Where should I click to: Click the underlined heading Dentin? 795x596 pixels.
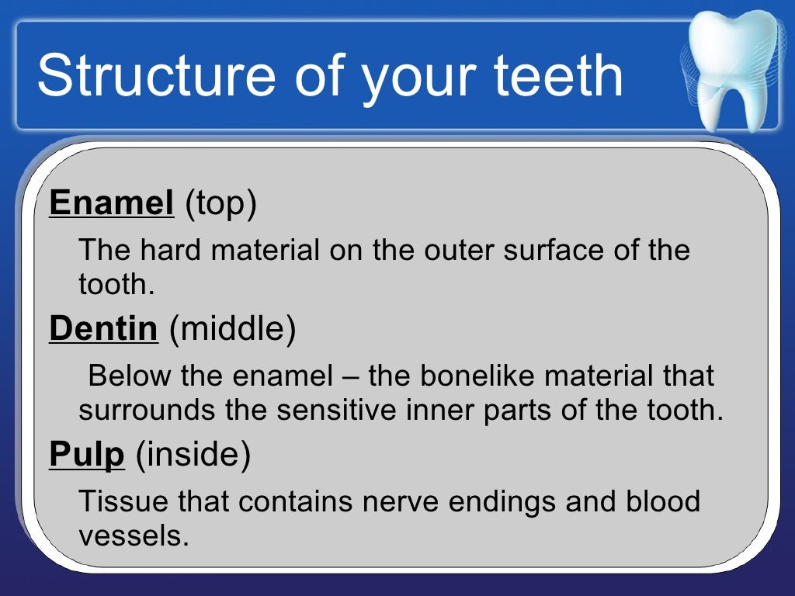coord(103,329)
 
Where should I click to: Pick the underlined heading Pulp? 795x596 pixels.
coord(87,456)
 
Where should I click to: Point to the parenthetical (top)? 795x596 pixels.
coord(220,204)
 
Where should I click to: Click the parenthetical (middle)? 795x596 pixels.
coord(232,330)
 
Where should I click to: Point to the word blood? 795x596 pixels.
coord(663,502)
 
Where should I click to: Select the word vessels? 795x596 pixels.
coord(134,536)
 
